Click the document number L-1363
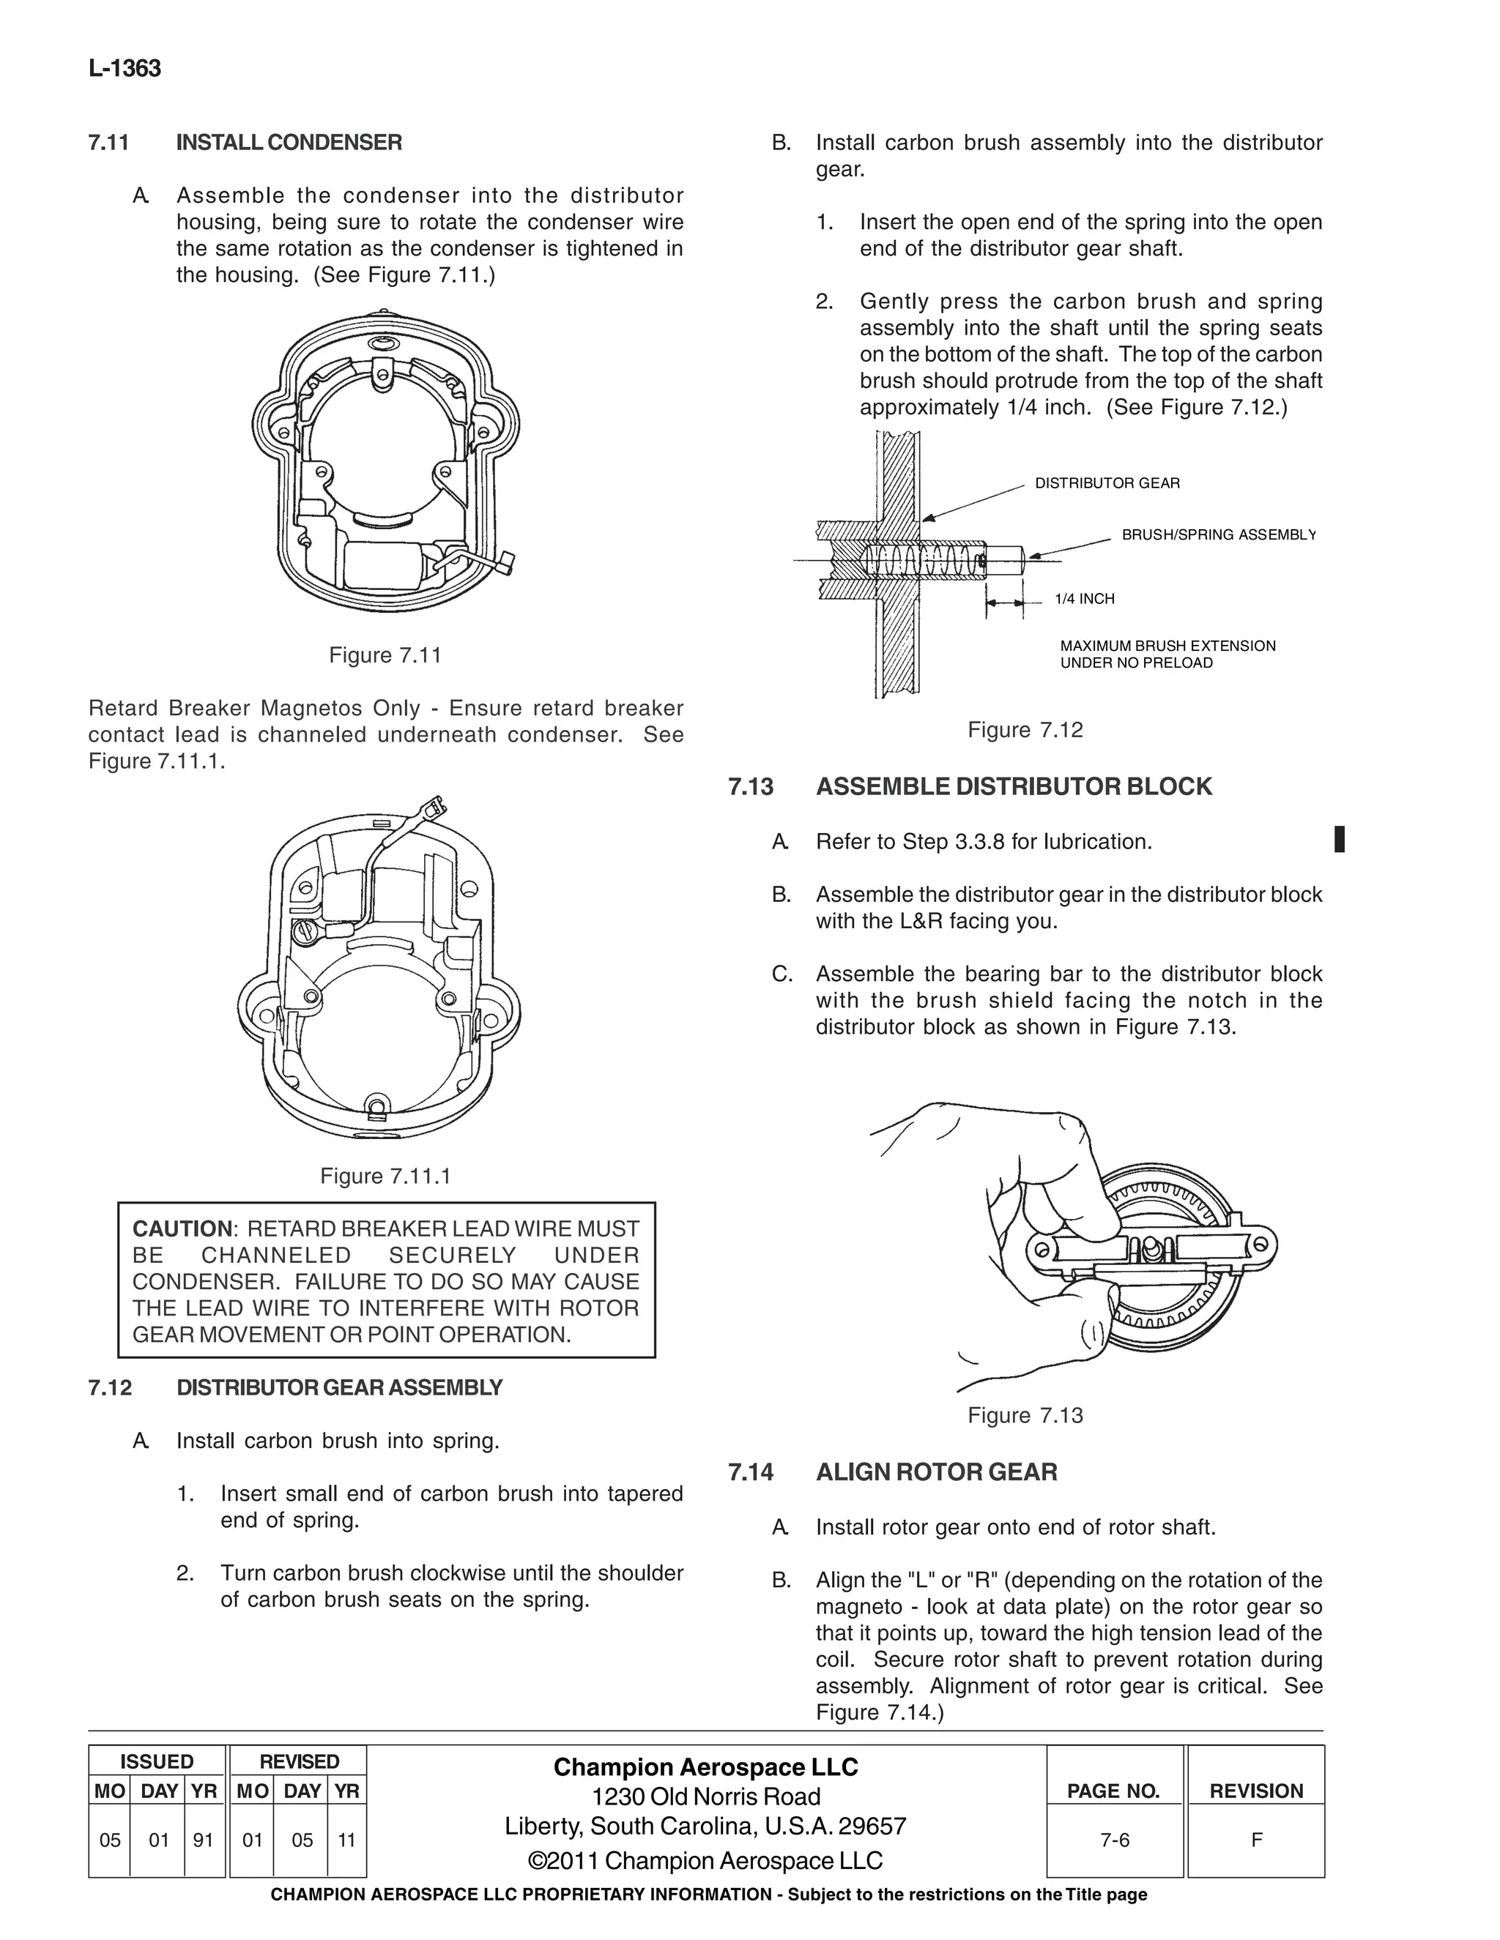125,70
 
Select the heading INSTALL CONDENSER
289,143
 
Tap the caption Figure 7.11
385,655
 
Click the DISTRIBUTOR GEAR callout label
1107,483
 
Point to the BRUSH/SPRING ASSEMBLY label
1218,534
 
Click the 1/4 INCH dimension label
1084,600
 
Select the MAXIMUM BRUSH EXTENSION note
1167,654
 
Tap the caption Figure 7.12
1025,730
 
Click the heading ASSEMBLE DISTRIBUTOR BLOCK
1013,787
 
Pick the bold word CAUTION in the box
182,1229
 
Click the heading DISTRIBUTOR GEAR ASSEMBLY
338,1388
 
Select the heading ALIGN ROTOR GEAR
936,1473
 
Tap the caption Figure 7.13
1025,1416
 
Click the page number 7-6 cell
1114,1840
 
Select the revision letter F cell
1255,1840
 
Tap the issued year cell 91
204,1840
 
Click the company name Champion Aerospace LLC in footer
705,1768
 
